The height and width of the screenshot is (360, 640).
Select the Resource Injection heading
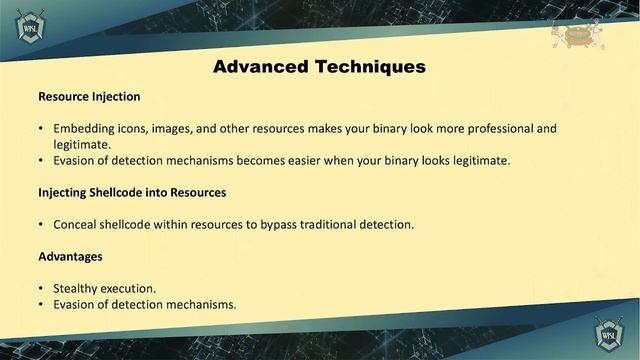(x=89, y=97)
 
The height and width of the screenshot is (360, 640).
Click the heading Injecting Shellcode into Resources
(x=132, y=192)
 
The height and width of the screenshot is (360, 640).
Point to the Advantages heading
(x=70, y=257)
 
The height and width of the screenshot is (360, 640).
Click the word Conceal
(x=76, y=224)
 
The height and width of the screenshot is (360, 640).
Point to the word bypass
(x=272, y=224)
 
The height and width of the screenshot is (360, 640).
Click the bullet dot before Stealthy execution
(x=41, y=289)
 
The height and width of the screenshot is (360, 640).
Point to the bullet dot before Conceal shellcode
(x=41, y=224)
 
